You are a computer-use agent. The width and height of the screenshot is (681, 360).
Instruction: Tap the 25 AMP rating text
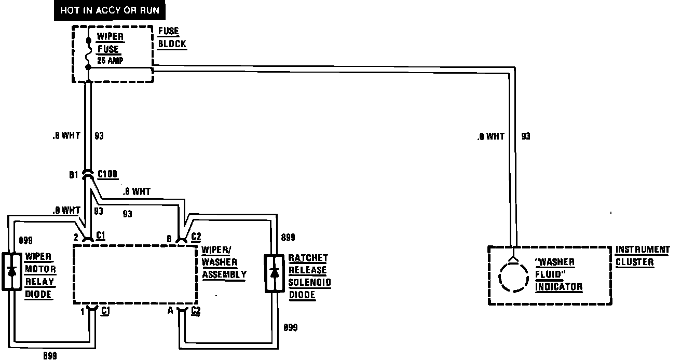(110, 61)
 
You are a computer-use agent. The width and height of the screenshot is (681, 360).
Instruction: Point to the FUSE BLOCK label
(172, 38)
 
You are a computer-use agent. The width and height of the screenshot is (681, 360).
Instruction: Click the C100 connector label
(107, 175)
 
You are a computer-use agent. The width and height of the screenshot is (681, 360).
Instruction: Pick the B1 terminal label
(74, 175)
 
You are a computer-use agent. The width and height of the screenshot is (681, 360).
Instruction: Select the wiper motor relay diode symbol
(11, 271)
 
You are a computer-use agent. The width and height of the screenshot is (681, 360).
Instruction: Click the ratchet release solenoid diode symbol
(274, 273)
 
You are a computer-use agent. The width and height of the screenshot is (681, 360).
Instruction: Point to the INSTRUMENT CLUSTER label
(642, 256)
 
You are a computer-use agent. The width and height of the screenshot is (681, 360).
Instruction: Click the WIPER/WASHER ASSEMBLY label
(224, 261)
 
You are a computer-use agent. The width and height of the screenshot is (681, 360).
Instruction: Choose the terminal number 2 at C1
(76, 237)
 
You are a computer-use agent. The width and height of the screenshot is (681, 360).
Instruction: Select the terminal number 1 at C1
(82, 311)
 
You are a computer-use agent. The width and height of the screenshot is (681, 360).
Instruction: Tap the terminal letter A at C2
(170, 311)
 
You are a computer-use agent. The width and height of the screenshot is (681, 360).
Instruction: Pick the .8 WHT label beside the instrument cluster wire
(490, 136)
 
